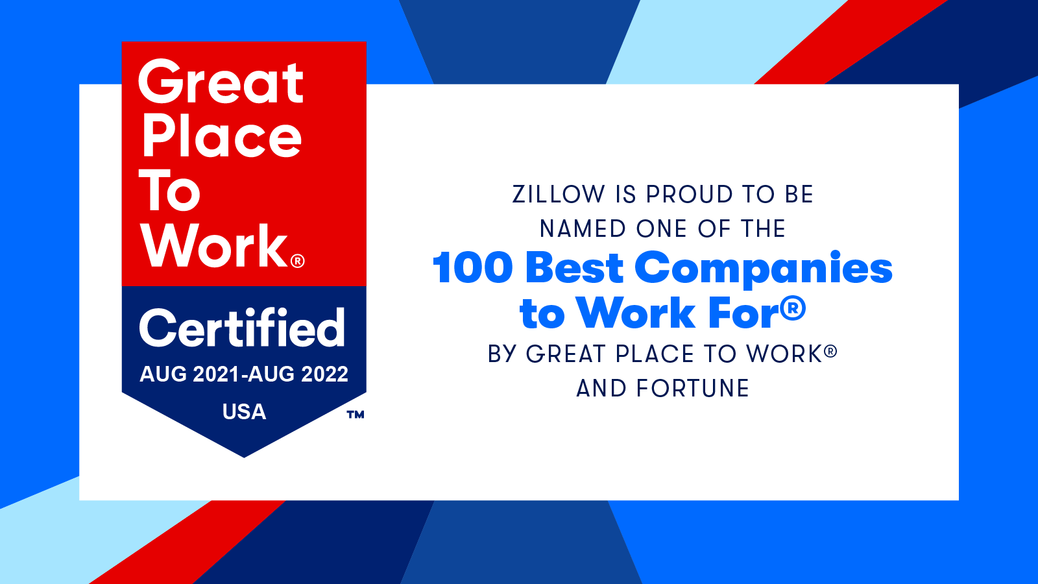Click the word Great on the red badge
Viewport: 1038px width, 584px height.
pos(221,82)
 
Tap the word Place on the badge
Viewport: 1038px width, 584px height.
pos(222,137)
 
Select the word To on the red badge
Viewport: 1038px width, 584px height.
pos(170,191)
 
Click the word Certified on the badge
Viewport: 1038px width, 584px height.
pos(242,328)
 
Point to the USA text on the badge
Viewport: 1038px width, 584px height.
pos(244,412)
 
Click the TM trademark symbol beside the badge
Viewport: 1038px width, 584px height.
pos(355,415)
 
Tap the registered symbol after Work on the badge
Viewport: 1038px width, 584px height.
pos(298,261)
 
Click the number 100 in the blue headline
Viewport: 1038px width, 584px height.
pos(472,268)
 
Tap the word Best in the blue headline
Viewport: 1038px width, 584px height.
pos(574,268)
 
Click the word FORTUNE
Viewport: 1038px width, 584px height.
pos(693,389)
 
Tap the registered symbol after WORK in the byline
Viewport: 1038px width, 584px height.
pos(830,352)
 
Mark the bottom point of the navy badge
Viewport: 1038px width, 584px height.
pos(244,457)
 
